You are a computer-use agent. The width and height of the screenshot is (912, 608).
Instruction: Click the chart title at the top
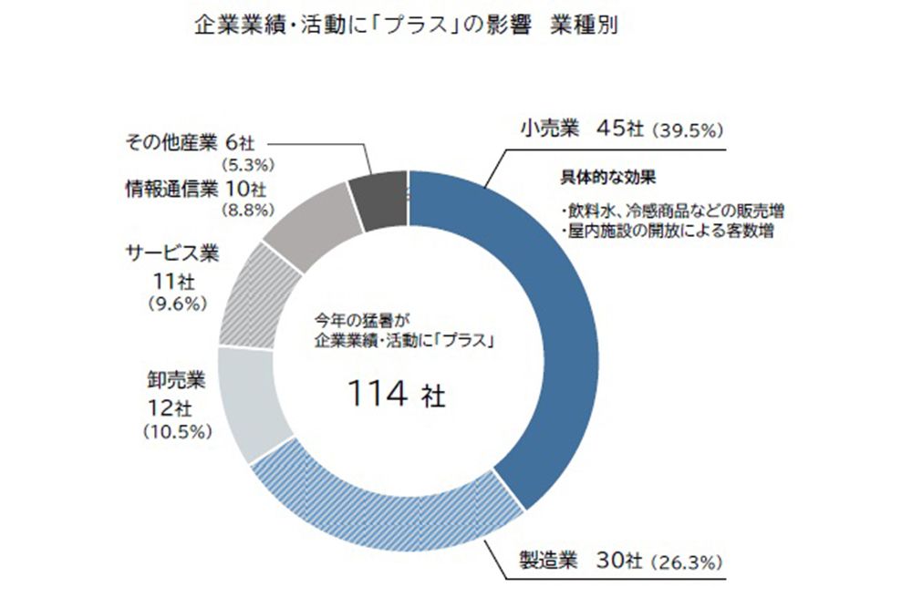(x=407, y=26)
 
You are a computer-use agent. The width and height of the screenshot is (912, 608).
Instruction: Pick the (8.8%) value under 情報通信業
(x=249, y=210)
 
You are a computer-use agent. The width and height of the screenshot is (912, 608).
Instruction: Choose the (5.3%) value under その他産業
(x=249, y=164)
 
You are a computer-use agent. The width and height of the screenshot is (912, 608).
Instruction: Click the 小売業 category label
(x=545, y=129)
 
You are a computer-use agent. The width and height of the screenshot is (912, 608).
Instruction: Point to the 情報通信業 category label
(x=173, y=190)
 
